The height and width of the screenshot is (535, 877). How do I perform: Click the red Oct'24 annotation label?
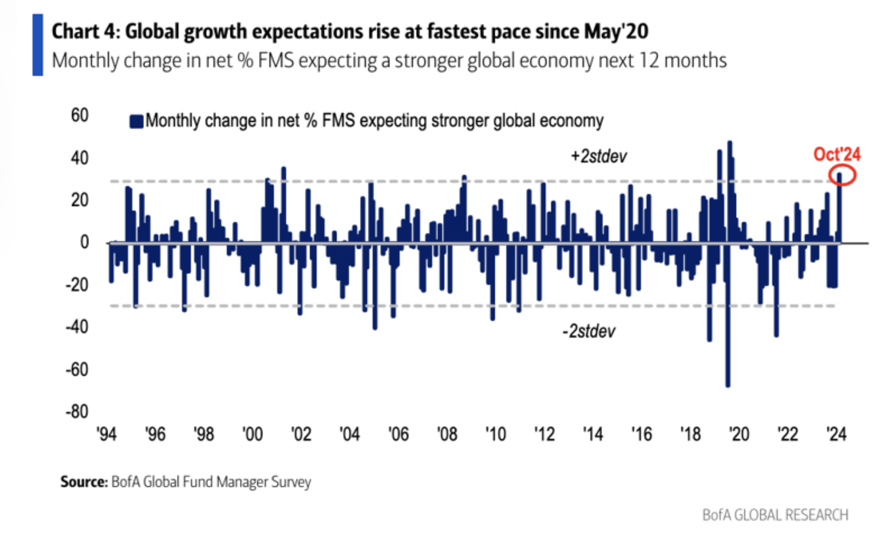click(837, 154)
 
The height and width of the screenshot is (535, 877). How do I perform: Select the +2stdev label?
click(599, 156)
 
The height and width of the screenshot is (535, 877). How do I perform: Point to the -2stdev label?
click(589, 331)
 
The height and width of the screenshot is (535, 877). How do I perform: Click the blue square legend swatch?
click(136, 122)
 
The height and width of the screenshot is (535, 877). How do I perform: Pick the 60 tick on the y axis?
click(79, 115)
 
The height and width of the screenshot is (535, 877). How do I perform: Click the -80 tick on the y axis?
click(77, 411)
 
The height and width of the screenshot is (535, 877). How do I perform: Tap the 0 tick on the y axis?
click(85, 242)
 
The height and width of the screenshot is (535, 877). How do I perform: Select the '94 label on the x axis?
click(106, 434)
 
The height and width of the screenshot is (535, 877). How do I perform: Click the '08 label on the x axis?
click(447, 434)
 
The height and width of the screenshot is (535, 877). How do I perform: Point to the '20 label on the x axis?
click(739, 434)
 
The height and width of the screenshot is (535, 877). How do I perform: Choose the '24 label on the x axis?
click(836, 434)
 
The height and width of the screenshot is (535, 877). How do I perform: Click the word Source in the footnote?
click(84, 482)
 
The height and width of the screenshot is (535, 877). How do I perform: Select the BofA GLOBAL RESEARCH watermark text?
click(775, 515)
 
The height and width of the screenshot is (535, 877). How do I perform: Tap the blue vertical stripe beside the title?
click(37, 45)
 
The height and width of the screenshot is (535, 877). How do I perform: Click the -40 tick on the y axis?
click(77, 327)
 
